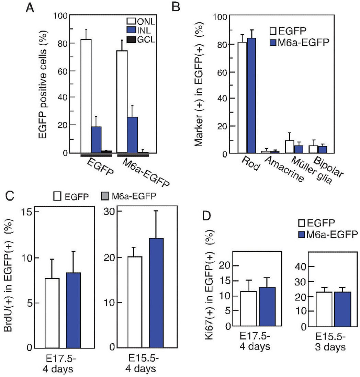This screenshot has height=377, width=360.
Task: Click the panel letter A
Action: [30, 8]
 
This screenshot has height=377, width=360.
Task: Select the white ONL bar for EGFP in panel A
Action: [86, 96]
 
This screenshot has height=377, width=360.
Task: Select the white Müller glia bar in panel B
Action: [290, 147]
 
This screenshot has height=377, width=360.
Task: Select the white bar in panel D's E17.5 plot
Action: [249, 309]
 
